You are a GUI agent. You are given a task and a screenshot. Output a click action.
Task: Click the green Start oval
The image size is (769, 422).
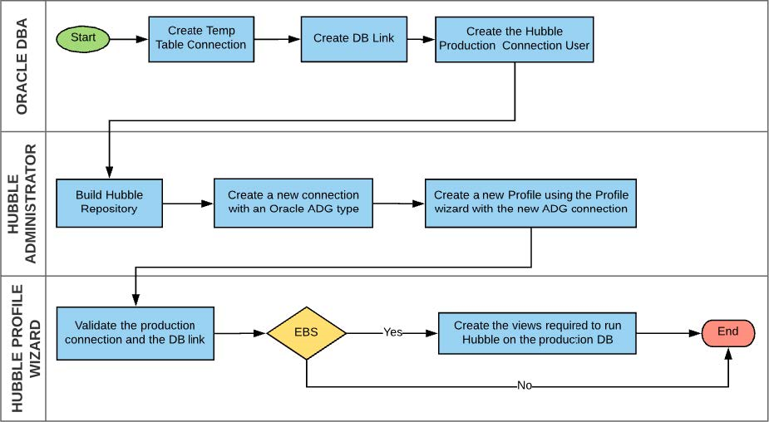[83, 38]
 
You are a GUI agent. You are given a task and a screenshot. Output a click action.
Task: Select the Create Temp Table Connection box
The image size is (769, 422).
[201, 38]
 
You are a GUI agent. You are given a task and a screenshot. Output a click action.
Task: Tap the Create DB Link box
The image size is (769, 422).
[353, 38]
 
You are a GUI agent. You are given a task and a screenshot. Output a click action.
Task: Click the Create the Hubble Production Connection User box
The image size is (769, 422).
[515, 38]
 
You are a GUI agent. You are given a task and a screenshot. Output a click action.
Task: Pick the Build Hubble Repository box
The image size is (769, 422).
[109, 202]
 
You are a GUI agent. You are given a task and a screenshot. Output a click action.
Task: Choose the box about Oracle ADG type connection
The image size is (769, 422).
[293, 202]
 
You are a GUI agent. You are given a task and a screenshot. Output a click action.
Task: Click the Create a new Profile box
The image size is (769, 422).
[530, 202]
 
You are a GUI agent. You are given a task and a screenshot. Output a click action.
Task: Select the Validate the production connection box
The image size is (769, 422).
[135, 332]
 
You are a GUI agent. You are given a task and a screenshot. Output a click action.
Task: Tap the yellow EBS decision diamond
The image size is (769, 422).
[307, 333]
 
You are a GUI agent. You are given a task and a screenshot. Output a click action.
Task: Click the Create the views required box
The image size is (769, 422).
[536, 332]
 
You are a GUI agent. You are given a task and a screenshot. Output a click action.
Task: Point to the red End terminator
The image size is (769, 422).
[727, 332]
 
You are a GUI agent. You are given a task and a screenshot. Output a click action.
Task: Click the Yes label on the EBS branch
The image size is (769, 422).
[392, 332]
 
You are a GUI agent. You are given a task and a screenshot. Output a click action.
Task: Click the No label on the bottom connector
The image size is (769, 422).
[525, 386]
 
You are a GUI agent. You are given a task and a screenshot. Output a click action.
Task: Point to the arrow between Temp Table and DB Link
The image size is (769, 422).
[278, 38]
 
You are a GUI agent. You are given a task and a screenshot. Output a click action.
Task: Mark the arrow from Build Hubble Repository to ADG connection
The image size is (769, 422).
[188, 202]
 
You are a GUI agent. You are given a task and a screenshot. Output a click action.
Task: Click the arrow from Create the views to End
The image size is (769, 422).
[668, 332]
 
